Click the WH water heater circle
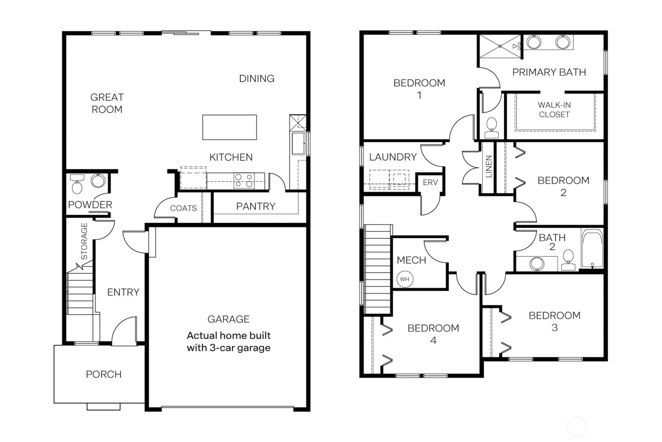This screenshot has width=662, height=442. pos(405,279)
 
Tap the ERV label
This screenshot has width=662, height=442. pos(430,183)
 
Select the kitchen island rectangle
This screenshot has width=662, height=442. pos(229,127)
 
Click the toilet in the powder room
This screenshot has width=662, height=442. pos(77,185)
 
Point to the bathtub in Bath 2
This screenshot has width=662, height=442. pos(592,249)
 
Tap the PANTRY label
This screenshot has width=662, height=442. pos(255,206)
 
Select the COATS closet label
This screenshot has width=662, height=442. pos(183,208)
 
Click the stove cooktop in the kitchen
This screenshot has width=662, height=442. pos(244,181)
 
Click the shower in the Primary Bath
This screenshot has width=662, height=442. pos(500,46)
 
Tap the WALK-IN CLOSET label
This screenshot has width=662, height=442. pos(554,110)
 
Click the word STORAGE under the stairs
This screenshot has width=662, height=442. pos(84,241)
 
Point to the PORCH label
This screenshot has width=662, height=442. pos(103,374)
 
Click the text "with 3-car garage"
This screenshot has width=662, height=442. pos(228,348)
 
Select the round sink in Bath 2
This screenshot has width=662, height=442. pos(537,264)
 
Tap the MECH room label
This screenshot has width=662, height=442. pos(411,260)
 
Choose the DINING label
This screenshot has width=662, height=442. pos(256,79)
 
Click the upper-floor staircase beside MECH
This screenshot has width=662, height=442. pos(377,270)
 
